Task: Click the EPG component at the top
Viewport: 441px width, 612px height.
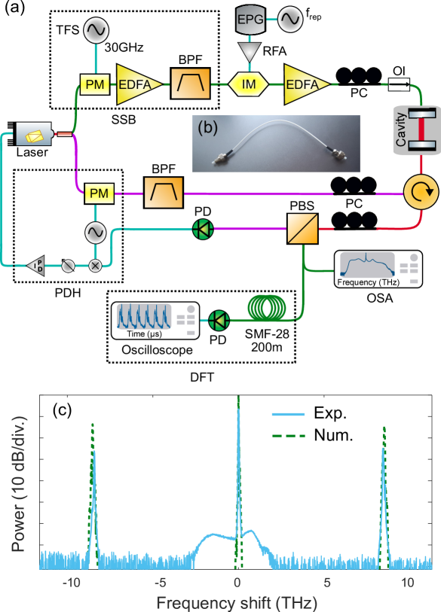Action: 247,21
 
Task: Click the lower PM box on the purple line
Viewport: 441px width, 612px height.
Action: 99,193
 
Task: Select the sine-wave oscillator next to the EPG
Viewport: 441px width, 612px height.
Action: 289,20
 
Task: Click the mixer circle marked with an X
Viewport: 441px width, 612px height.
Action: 96,264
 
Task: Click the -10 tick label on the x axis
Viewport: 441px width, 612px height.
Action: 72,582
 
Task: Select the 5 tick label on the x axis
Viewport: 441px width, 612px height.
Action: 326,582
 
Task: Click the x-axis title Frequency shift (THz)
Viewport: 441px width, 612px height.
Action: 237,602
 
